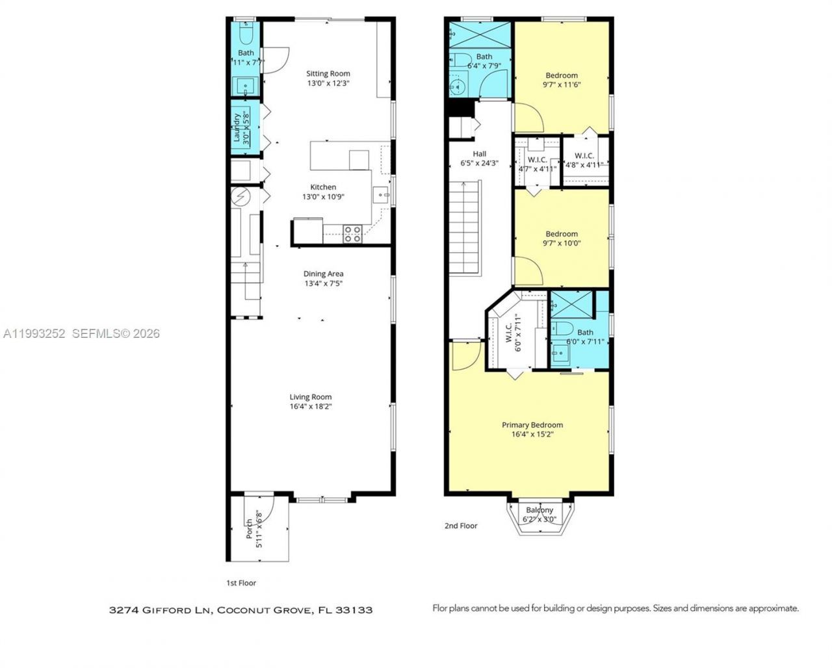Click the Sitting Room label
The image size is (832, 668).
click(x=328, y=73)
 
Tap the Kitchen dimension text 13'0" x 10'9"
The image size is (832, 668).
click(x=323, y=197)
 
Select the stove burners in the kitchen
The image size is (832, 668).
click(x=352, y=234)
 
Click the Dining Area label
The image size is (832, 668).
click(x=323, y=274)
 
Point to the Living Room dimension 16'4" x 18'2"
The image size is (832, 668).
click(x=311, y=407)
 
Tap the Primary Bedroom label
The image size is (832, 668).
click(x=532, y=425)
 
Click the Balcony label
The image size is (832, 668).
click(x=539, y=510)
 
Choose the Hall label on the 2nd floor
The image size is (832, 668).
click(x=479, y=154)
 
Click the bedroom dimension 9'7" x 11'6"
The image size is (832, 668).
click(x=562, y=84)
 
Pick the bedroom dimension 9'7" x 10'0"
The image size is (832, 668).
click(x=562, y=244)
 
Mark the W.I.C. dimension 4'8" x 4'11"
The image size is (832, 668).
click(x=584, y=165)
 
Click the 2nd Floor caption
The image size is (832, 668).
click(x=461, y=526)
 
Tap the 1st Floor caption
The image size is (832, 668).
click(x=240, y=583)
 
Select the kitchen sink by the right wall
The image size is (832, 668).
click(x=380, y=194)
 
